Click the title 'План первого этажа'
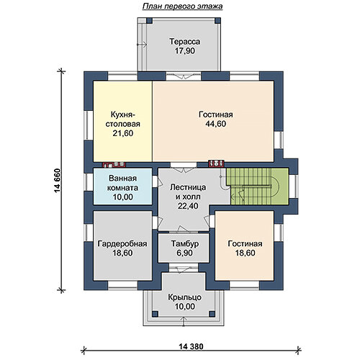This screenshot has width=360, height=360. click(x=182, y=6)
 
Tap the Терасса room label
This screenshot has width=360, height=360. click(x=184, y=42)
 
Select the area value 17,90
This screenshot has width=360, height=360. click(x=184, y=51)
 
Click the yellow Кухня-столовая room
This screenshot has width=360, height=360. click(x=122, y=121)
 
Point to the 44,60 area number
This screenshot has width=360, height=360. click(x=216, y=124)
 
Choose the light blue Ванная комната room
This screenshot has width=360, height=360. click(x=122, y=186)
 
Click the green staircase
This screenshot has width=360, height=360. click(x=258, y=186)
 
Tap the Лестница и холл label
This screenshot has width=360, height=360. click(x=188, y=192)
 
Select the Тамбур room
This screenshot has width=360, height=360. click(x=184, y=248)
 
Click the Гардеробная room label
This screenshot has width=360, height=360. click(x=122, y=244)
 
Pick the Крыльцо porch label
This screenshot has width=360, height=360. click(x=184, y=297)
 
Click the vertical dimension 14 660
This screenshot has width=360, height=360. click(x=58, y=181)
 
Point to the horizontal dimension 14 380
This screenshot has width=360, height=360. click(x=191, y=346)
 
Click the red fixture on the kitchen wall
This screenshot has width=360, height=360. click(x=114, y=165)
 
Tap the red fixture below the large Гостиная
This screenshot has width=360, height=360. click(x=216, y=163)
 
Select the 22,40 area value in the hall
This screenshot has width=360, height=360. click(x=188, y=206)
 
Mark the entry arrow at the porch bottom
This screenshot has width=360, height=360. click(x=184, y=321)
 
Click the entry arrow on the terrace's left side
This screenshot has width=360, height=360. click(x=142, y=45)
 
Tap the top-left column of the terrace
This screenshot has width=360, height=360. click(x=149, y=20)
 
